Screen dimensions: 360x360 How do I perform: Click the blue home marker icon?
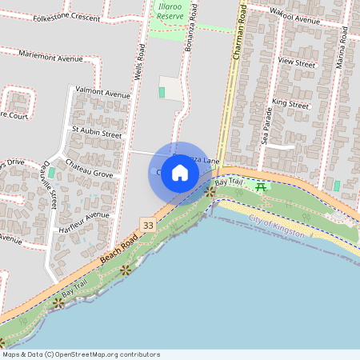[x=180, y=173]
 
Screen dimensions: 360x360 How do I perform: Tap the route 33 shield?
[x=147, y=226]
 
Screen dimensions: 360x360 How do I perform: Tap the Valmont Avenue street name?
[x=101, y=93]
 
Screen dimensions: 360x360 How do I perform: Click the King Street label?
[x=290, y=104]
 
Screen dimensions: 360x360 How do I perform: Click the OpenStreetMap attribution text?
[x=80, y=354]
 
